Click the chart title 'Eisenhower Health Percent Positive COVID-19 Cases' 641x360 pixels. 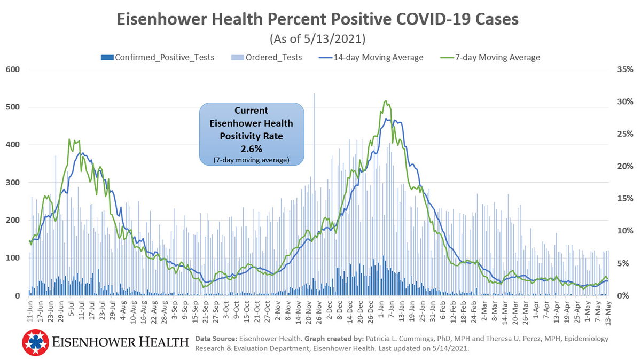[317, 20]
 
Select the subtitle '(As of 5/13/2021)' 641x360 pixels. [317, 39]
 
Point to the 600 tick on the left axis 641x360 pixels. [13, 69]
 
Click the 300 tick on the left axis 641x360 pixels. [13, 183]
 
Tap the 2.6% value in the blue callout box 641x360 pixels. [251, 148]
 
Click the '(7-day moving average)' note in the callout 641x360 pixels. [251, 160]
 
